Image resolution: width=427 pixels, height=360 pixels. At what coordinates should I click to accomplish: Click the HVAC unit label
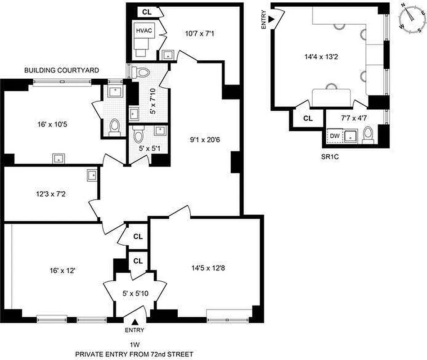[144, 31]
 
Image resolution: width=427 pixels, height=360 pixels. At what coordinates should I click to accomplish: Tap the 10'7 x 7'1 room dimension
[201, 33]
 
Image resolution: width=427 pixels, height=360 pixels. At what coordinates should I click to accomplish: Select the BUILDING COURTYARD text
[62, 71]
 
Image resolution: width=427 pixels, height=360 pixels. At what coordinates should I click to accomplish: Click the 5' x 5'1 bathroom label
[147, 148]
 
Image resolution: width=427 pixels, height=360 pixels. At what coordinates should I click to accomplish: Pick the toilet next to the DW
[369, 134]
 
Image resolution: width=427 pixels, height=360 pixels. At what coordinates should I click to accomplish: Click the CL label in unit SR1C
[308, 119]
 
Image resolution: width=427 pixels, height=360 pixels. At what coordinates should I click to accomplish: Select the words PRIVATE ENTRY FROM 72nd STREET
[135, 354]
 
